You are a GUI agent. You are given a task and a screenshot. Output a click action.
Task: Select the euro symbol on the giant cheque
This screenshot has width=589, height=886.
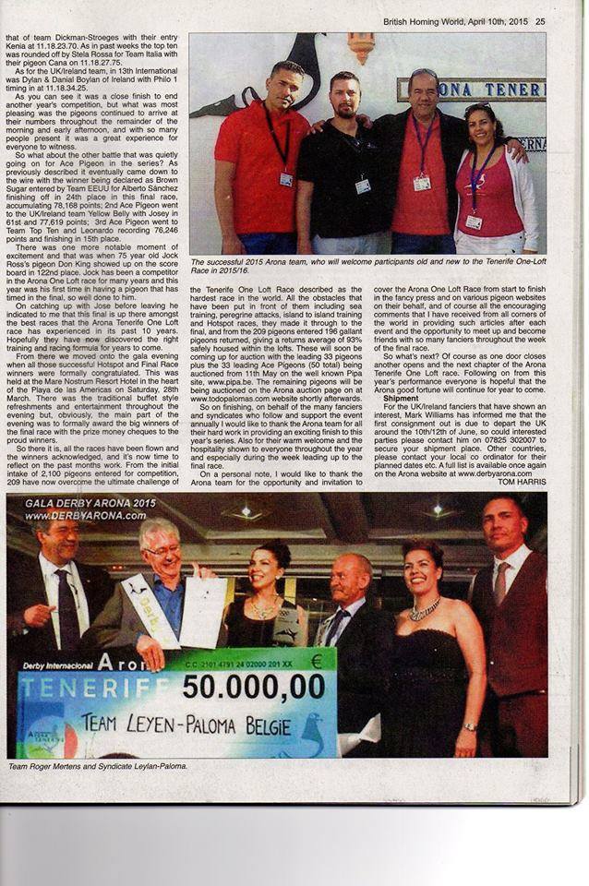318,661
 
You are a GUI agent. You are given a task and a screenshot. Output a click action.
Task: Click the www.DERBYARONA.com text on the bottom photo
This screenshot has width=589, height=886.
73,515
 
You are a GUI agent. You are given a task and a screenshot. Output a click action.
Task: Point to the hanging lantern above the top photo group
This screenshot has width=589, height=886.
361,46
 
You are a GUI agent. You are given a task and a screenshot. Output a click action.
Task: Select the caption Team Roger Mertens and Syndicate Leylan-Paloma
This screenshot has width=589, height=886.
97,766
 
